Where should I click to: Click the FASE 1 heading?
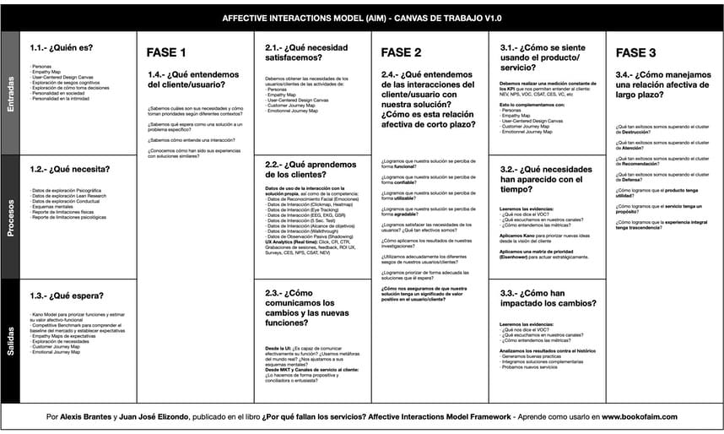coord(166,53)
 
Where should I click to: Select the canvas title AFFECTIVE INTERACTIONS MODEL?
coord(361,18)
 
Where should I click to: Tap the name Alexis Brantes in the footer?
coord(85,416)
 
